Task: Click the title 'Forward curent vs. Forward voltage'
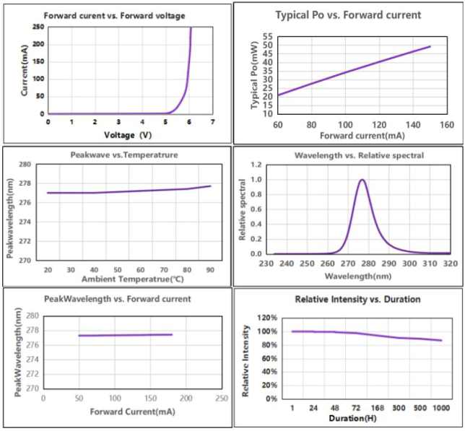tap(114, 15)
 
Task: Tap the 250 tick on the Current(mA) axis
tap(38, 27)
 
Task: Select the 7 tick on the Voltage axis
tap(213, 122)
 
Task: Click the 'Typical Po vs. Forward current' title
tap(349, 14)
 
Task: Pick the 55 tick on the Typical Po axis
tap(266, 36)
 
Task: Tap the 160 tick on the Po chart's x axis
tap(446, 124)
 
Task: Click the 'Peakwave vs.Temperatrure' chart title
tap(114, 155)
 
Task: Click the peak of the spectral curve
tap(362, 180)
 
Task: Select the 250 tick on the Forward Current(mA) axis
tap(221, 398)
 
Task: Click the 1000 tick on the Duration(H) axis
tap(440, 408)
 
